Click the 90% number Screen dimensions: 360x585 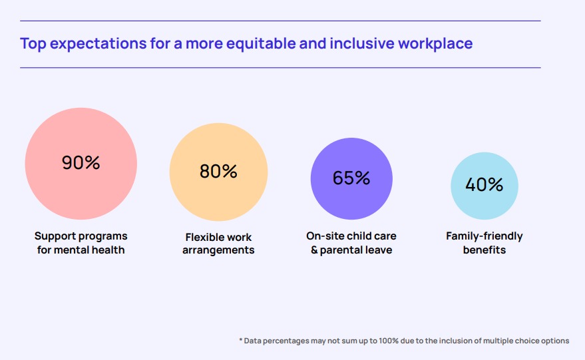click(x=81, y=163)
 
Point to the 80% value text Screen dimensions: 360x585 click(x=218, y=172)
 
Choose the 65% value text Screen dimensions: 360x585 click(x=351, y=178)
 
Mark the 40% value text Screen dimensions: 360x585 click(x=485, y=185)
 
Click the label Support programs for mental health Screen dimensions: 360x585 click(x=81, y=243)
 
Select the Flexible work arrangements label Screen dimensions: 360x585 click(x=218, y=244)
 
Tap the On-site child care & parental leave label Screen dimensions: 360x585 click(x=351, y=243)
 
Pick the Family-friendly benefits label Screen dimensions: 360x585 click(x=485, y=243)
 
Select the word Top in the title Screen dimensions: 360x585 click(x=33, y=45)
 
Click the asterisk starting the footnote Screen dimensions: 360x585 click(x=240, y=340)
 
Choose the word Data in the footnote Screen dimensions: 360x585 click(x=253, y=341)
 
